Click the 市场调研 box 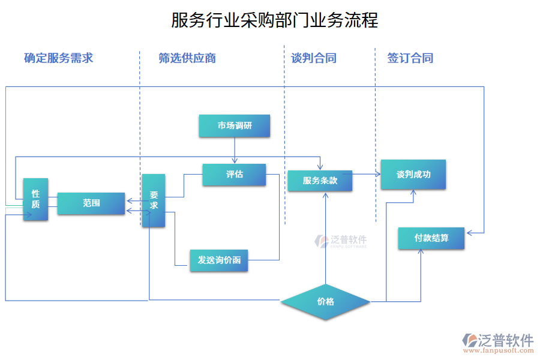pyautogui.click(x=235, y=126)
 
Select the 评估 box pyautogui.click(x=234, y=175)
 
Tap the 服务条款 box pyautogui.click(x=320, y=181)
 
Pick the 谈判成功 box pyautogui.click(x=413, y=175)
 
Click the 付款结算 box pyautogui.click(x=431, y=238)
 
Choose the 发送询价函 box pyautogui.click(x=219, y=260)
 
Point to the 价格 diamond pyautogui.click(x=326, y=302)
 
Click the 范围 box pyautogui.click(x=91, y=203)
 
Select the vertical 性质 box pyautogui.click(x=35, y=199)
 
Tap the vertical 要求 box pyautogui.click(x=153, y=200)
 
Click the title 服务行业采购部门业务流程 pyautogui.click(x=275, y=20)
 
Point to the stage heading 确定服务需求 pyautogui.click(x=58, y=58)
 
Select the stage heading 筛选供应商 pyautogui.click(x=187, y=58)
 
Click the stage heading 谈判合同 pyautogui.click(x=313, y=58)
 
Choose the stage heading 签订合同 pyautogui.click(x=410, y=58)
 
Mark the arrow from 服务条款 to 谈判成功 pyautogui.click(x=366, y=174)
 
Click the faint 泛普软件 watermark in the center pyautogui.click(x=340, y=242)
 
